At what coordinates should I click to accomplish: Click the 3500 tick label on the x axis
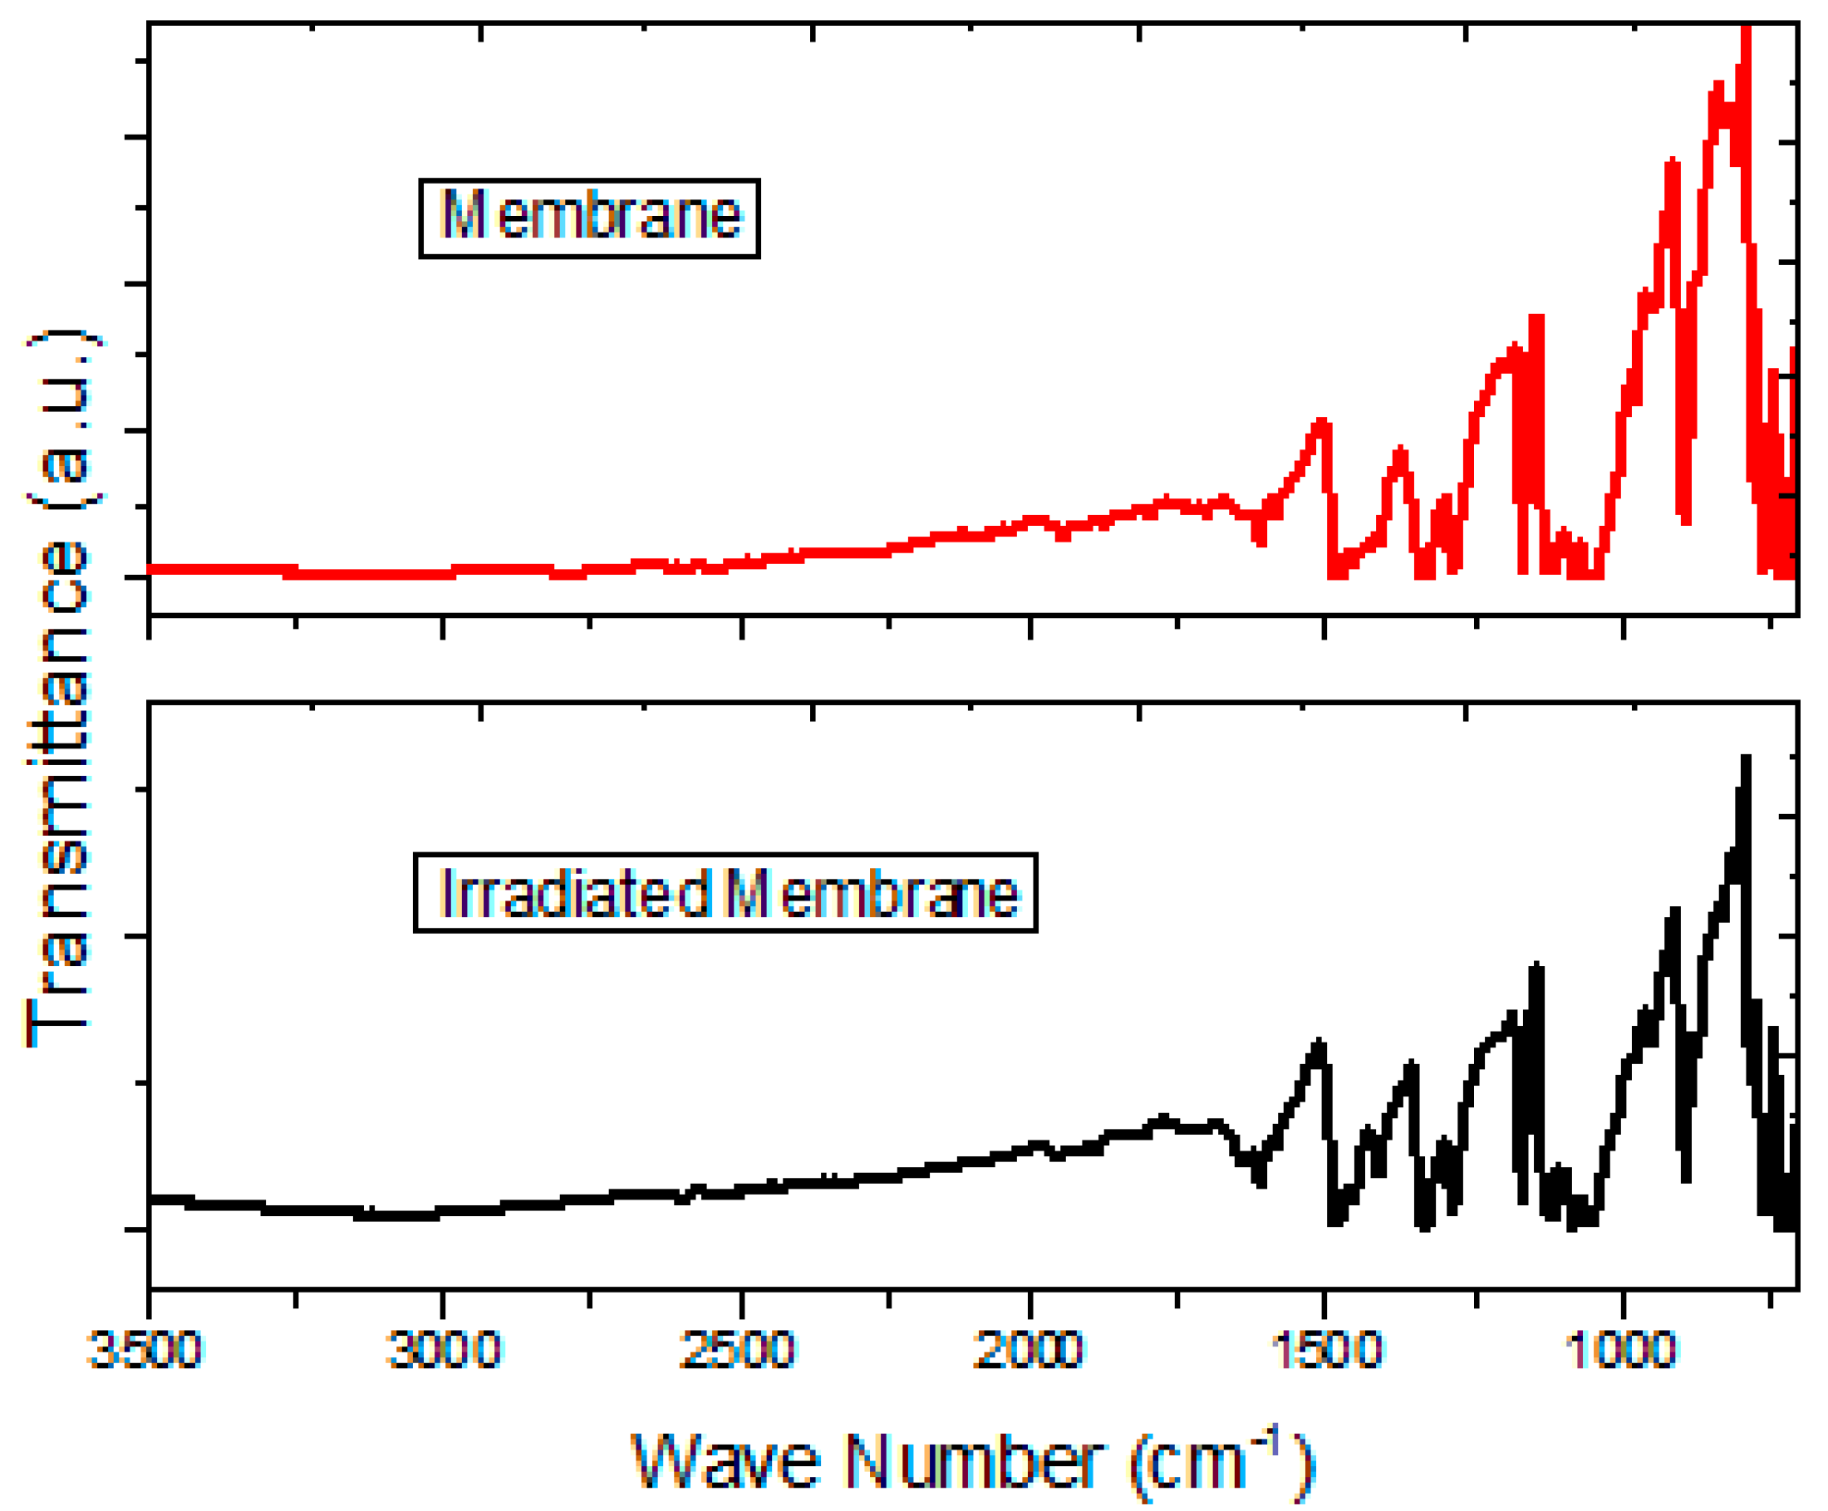(x=146, y=1350)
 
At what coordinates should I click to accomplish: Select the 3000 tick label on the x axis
(x=444, y=1350)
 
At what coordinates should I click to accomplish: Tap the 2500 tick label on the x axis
(x=738, y=1350)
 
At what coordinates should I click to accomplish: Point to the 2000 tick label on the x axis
(x=1029, y=1350)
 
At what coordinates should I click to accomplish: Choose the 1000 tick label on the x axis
(x=1621, y=1350)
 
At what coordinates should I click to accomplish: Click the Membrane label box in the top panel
(x=589, y=218)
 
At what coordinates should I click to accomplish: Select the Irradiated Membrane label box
(x=725, y=893)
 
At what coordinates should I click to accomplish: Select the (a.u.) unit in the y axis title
(x=61, y=418)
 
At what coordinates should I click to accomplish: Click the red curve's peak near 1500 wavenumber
(x=1321, y=423)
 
